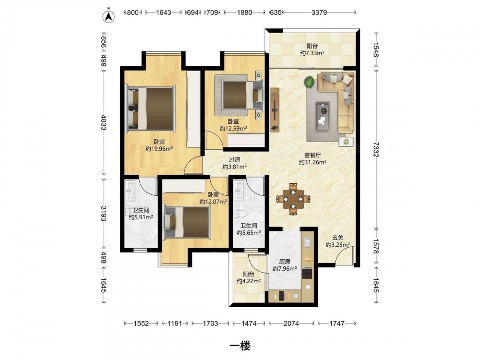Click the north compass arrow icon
108,16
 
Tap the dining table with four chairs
293,199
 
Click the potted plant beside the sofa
309,82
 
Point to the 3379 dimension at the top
319,12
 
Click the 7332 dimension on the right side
376,149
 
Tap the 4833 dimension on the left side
104,122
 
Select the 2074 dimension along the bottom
291,323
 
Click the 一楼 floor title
240,346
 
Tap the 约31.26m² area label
312,162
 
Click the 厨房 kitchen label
285,262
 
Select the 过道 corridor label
235,160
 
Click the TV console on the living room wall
275,109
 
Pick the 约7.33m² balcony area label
312,53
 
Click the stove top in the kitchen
307,273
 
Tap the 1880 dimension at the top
244,12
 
